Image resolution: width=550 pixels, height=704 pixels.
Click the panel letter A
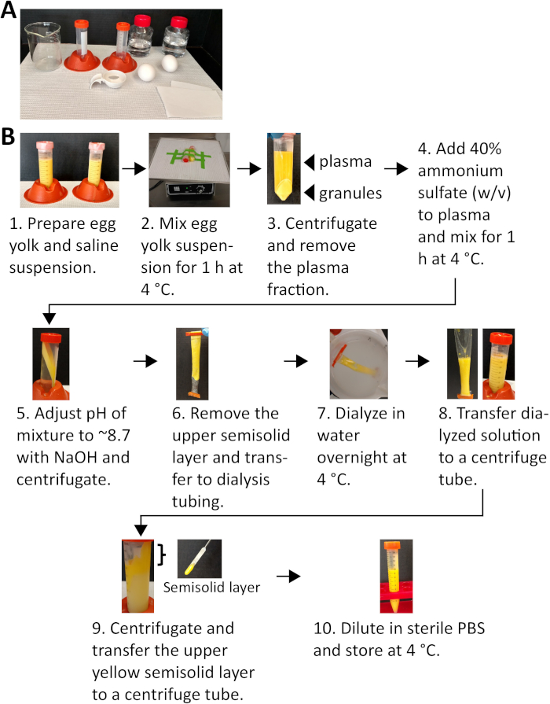10,14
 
